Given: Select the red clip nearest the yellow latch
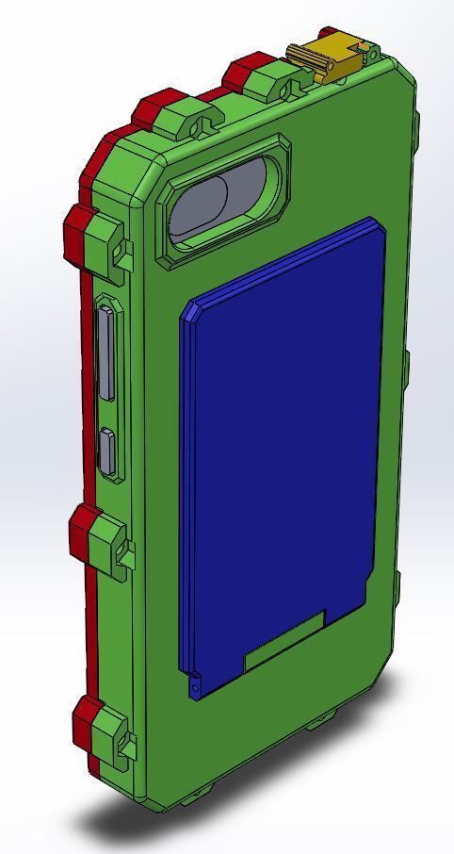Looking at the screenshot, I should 247,68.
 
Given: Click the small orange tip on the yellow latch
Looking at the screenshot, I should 363,44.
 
